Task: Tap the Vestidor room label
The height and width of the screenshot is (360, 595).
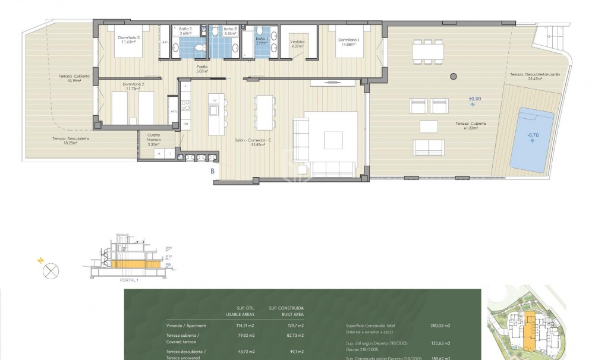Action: [297, 43]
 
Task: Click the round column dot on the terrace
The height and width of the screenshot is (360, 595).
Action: [454, 76]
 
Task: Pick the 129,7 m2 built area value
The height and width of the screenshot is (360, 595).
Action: [294, 326]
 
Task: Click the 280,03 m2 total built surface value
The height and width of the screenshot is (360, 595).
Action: [440, 326]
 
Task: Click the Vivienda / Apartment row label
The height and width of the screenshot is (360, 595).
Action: [187, 326]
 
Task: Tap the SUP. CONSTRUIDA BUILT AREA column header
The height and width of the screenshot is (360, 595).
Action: [287, 311]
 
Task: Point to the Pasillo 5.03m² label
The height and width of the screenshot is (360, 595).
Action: [203, 69]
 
